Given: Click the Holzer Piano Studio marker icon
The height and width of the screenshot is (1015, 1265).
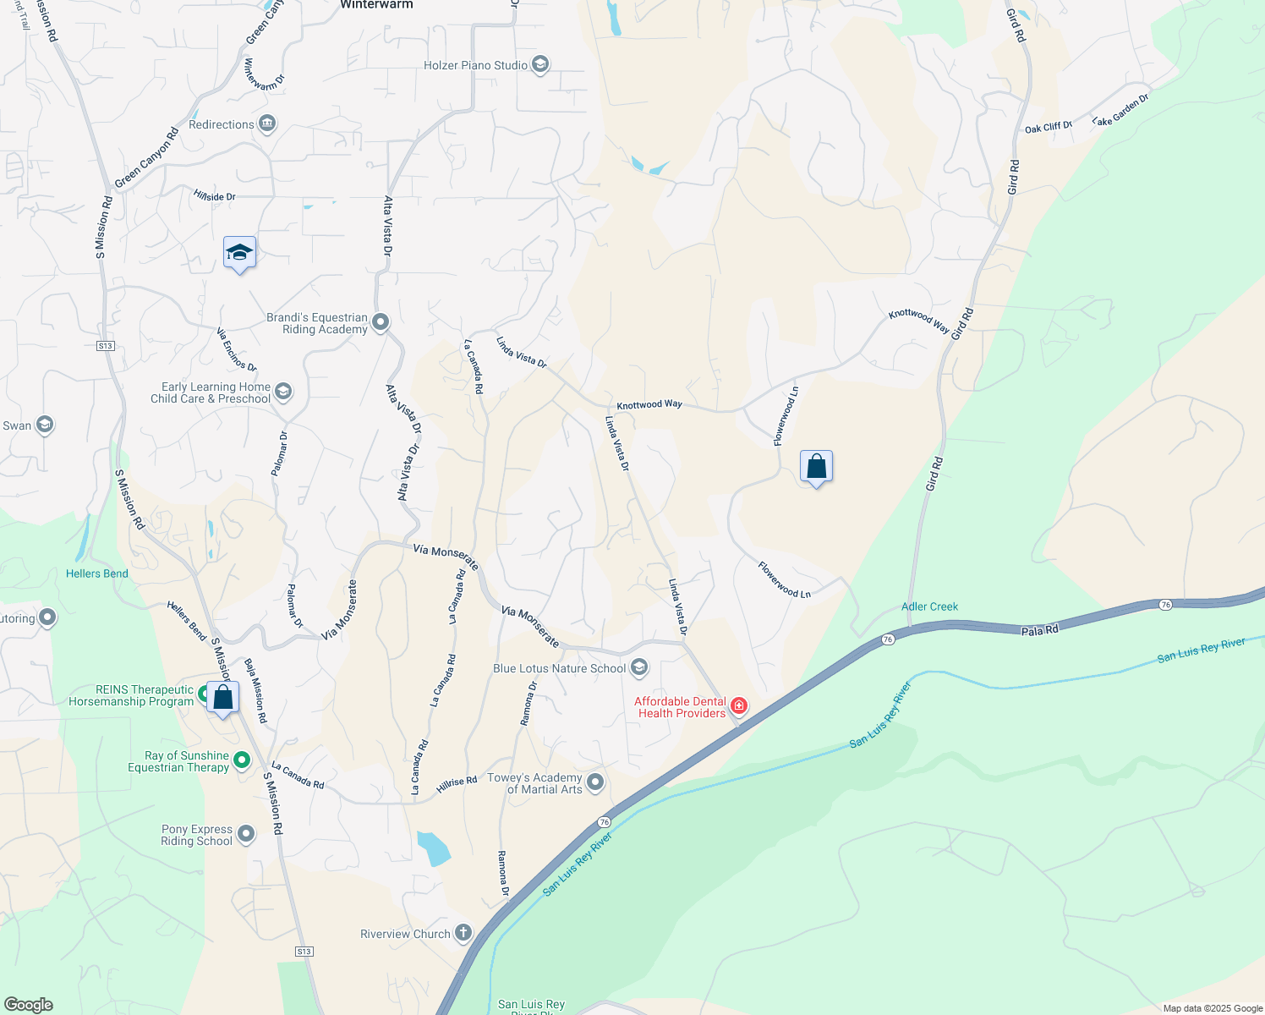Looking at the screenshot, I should pyautogui.click(x=540, y=65).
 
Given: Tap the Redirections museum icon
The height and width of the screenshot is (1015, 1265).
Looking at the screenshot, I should pyautogui.click(x=267, y=124).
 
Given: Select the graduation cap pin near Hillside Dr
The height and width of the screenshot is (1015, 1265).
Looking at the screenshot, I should pyautogui.click(x=239, y=252).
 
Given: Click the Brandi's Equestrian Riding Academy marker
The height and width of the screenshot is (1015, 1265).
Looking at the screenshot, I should pyautogui.click(x=381, y=322).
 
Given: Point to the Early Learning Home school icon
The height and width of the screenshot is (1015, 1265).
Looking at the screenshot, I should pyautogui.click(x=283, y=391).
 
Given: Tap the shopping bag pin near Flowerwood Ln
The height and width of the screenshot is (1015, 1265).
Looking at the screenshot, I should pyautogui.click(x=816, y=466).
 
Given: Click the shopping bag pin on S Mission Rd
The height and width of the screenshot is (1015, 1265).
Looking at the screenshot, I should pyautogui.click(x=223, y=698).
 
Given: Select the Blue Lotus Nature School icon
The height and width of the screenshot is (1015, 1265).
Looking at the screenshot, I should pyautogui.click(x=639, y=668).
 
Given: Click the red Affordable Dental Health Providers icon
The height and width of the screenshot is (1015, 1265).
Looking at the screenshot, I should pyautogui.click(x=739, y=705).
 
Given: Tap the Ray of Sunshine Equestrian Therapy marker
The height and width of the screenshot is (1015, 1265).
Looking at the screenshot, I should pyautogui.click(x=242, y=760).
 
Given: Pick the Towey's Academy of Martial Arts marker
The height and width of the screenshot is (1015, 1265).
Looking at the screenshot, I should pyautogui.click(x=595, y=782).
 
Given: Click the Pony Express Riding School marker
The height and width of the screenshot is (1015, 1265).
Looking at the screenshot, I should pyautogui.click(x=246, y=834).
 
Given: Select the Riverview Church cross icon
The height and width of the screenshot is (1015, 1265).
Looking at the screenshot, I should pyautogui.click(x=463, y=933).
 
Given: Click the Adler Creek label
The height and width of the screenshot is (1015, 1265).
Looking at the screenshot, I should pyautogui.click(x=929, y=606).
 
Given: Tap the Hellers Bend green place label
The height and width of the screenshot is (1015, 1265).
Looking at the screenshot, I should pyautogui.click(x=97, y=573).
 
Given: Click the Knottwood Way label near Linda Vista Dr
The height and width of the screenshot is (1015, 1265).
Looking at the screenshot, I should pyautogui.click(x=649, y=405).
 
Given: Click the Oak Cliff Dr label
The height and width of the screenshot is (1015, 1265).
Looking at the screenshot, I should pyautogui.click(x=1048, y=128).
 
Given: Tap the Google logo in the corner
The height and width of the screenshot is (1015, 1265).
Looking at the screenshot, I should pyautogui.click(x=28, y=1004).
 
